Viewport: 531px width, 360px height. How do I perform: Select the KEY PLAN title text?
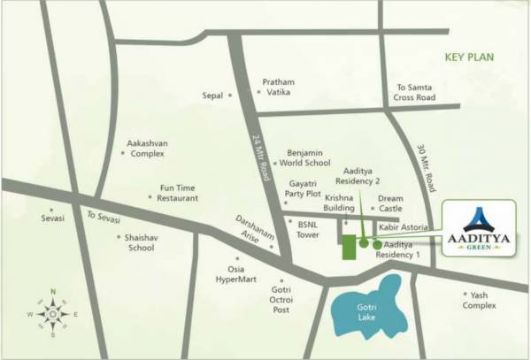coord(470,57)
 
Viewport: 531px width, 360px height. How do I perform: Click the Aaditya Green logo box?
coord(478,229)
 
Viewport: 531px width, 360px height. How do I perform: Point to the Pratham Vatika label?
coord(278,87)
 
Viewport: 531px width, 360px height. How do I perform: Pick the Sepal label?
coord(212,95)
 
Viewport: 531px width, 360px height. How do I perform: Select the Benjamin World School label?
coord(305,158)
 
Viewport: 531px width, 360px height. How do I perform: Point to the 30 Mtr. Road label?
coord(430,169)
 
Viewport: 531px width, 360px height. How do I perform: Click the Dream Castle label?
coord(390,203)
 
